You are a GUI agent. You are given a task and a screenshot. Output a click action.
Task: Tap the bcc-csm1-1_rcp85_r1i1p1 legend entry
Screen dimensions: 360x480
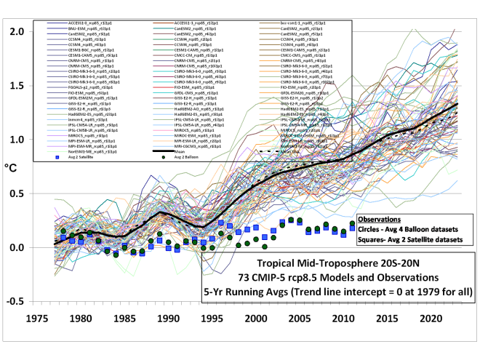coord(305,23)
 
